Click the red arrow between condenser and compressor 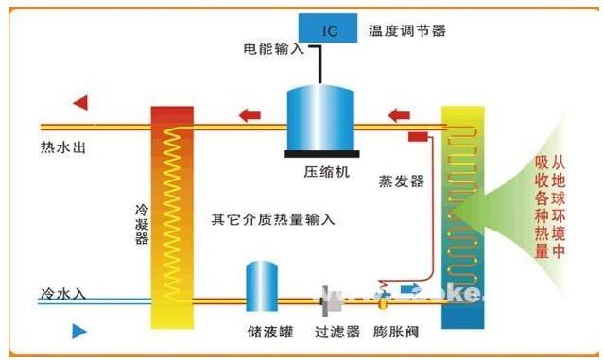tap(250, 116)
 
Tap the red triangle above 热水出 tap(80, 102)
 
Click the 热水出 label tap(64, 148)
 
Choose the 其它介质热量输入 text tap(274, 220)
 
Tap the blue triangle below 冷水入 tap(80, 332)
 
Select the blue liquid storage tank tap(262, 286)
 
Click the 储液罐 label tap(262, 332)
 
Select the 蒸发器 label tap(401, 180)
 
